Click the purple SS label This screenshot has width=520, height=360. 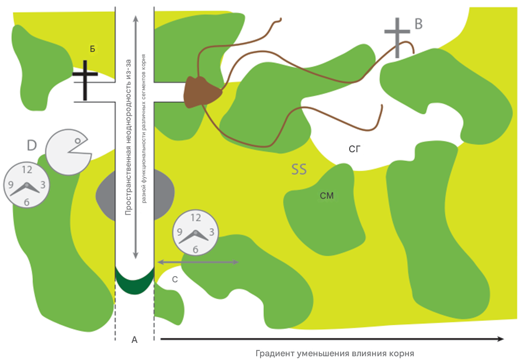coord(299,169)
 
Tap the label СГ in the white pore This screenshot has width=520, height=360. coord(354,150)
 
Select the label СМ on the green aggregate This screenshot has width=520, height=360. coord(327,196)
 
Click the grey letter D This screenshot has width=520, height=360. coord(32,145)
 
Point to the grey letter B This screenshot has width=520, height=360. coord(419,24)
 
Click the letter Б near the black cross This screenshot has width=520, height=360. coord(92,49)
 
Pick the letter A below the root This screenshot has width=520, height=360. coord(135,340)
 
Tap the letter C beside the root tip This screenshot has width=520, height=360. coord(175,280)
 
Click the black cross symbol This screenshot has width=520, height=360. coord(85,80)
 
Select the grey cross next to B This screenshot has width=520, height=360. coord(397,37)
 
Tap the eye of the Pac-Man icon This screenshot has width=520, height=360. coord(77,141)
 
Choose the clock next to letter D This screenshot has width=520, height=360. coord(27,185)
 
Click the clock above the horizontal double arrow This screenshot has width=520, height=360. coord(195,232)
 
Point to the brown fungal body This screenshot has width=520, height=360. coord(201,92)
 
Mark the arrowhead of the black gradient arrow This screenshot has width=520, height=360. coord(501,339)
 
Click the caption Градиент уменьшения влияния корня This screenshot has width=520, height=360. coord(335,354)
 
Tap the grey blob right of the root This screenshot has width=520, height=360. coord(164,195)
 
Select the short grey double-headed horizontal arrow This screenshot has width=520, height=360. coord(198,262)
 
